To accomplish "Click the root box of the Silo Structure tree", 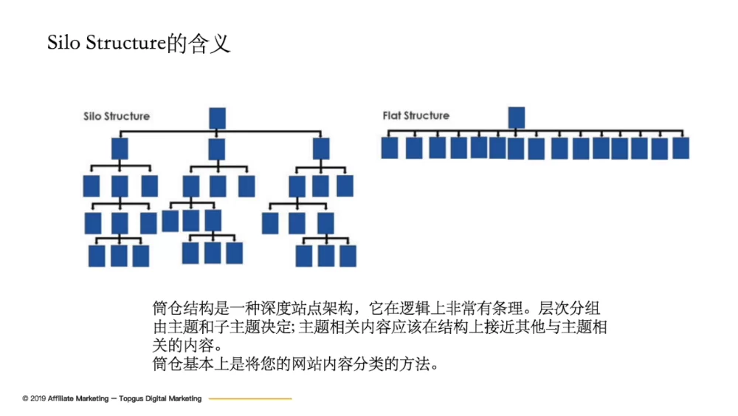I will pos(217,117).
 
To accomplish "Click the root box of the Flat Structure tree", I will pos(517,116).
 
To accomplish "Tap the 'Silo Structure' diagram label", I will pos(116,116).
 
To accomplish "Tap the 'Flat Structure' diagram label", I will pos(415,115).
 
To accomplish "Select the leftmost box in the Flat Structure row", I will pos(390,148).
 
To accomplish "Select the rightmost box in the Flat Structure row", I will pos(680,148).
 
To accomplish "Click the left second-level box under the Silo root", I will pos(120,150).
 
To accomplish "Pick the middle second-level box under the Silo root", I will pos(216,150).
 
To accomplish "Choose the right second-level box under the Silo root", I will pos(321,150).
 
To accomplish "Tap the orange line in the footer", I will pos(250,398).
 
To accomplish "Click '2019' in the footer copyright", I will pos(38,398).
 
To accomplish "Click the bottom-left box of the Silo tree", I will pos(97,255).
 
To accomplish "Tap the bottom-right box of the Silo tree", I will pos(348,256).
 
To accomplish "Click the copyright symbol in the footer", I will pos(25,398).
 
